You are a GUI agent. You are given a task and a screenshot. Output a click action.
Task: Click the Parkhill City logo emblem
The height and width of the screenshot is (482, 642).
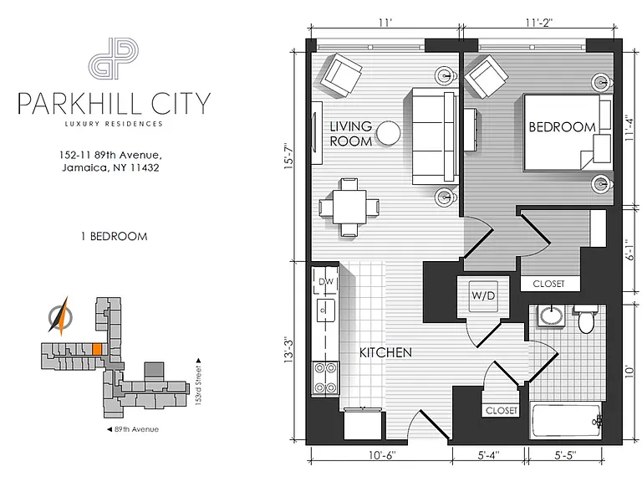(x=114, y=59)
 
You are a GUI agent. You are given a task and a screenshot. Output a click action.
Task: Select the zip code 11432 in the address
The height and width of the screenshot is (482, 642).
(x=144, y=167)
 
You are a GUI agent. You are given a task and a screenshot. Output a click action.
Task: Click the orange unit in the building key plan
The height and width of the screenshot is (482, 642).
(x=97, y=349)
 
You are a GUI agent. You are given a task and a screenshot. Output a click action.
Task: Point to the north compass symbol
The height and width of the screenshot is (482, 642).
(x=60, y=316)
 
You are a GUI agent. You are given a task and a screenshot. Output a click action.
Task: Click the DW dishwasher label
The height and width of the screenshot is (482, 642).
(x=326, y=281)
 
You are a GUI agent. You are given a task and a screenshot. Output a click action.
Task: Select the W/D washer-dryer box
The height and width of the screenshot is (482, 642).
(x=483, y=296)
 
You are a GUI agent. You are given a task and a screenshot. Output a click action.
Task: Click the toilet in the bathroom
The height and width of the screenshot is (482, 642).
(x=585, y=319)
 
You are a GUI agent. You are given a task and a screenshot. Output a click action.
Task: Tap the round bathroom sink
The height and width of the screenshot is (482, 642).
(x=551, y=315)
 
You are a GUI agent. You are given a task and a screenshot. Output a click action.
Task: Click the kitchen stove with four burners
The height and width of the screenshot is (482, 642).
(x=325, y=378)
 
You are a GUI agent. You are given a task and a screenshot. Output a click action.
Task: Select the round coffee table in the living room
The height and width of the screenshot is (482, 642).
(x=388, y=133)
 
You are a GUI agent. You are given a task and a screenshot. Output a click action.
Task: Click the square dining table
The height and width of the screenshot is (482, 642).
(x=349, y=208)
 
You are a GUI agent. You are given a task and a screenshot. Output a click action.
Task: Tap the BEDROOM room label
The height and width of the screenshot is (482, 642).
(x=562, y=127)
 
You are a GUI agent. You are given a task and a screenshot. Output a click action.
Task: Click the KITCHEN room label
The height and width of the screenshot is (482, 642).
(x=385, y=352)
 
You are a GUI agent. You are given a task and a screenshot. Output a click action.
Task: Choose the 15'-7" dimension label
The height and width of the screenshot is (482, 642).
(x=288, y=156)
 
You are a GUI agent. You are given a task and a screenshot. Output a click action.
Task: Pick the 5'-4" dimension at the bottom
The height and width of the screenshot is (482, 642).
(x=488, y=455)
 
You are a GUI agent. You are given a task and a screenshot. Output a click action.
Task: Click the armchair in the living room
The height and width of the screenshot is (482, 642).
(x=341, y=75)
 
